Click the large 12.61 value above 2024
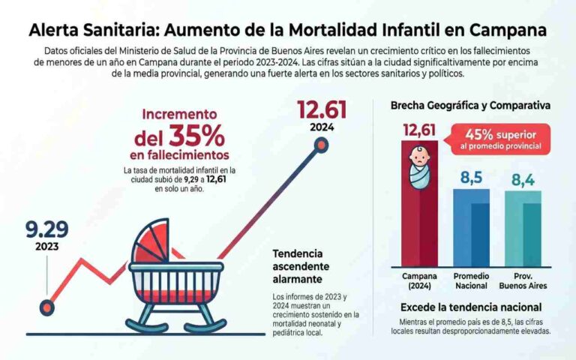tap(322, 109)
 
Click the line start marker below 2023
tap(46, 305)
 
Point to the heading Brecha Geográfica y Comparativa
tap(469, 106)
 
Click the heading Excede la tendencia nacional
tap(470, 307)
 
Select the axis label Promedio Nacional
tap(470, 280)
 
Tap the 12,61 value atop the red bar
tap(419, 131)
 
